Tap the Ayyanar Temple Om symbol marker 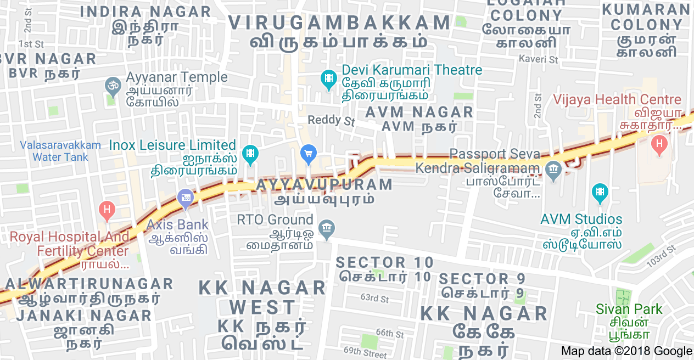112,86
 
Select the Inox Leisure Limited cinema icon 250,154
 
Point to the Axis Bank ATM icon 185,199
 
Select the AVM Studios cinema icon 600,192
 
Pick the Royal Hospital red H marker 107,210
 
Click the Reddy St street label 331,120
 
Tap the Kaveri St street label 538,58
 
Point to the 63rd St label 374,299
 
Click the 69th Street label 365,352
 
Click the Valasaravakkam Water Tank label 60,151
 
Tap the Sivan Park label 629,309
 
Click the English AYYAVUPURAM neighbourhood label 324,184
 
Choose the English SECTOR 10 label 384,262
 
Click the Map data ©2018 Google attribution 626,351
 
